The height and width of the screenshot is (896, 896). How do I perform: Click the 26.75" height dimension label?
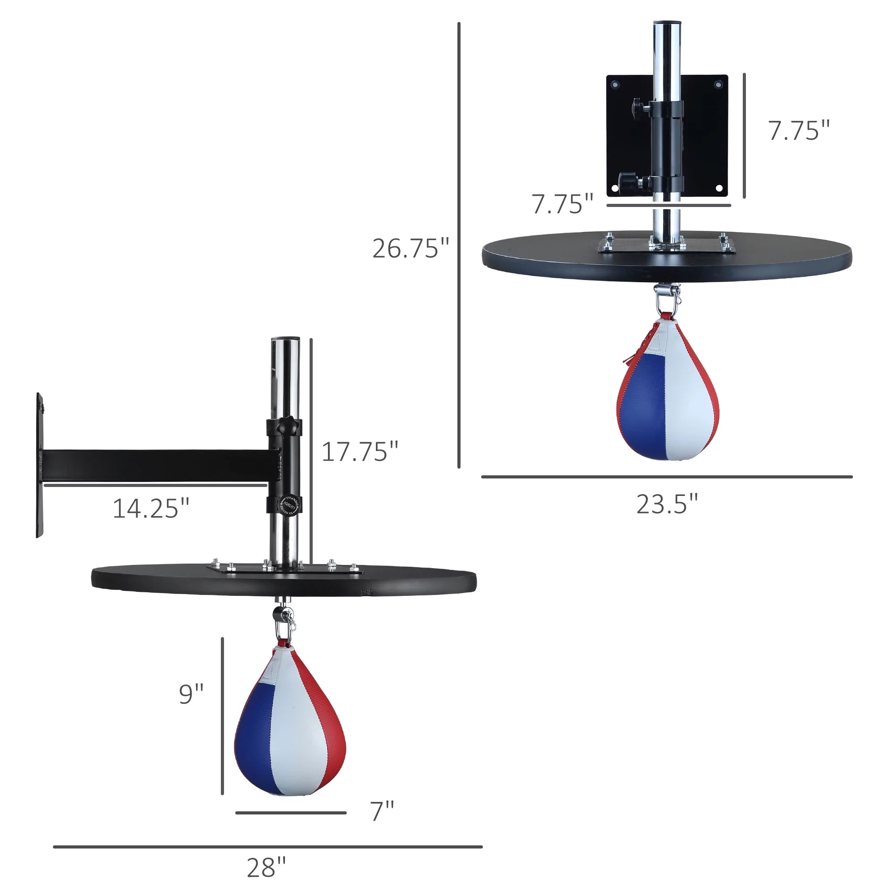(411, 249)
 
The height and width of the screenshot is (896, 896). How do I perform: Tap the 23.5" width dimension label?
(667, 504)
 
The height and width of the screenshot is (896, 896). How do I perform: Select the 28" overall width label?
(266, 868)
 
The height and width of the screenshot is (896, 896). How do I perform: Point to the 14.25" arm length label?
(151, 509)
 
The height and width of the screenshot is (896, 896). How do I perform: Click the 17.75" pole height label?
(360, 452)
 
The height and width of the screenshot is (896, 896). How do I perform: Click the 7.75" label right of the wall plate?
(799, 131)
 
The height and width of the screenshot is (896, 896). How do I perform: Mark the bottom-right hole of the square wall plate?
(719, 188)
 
